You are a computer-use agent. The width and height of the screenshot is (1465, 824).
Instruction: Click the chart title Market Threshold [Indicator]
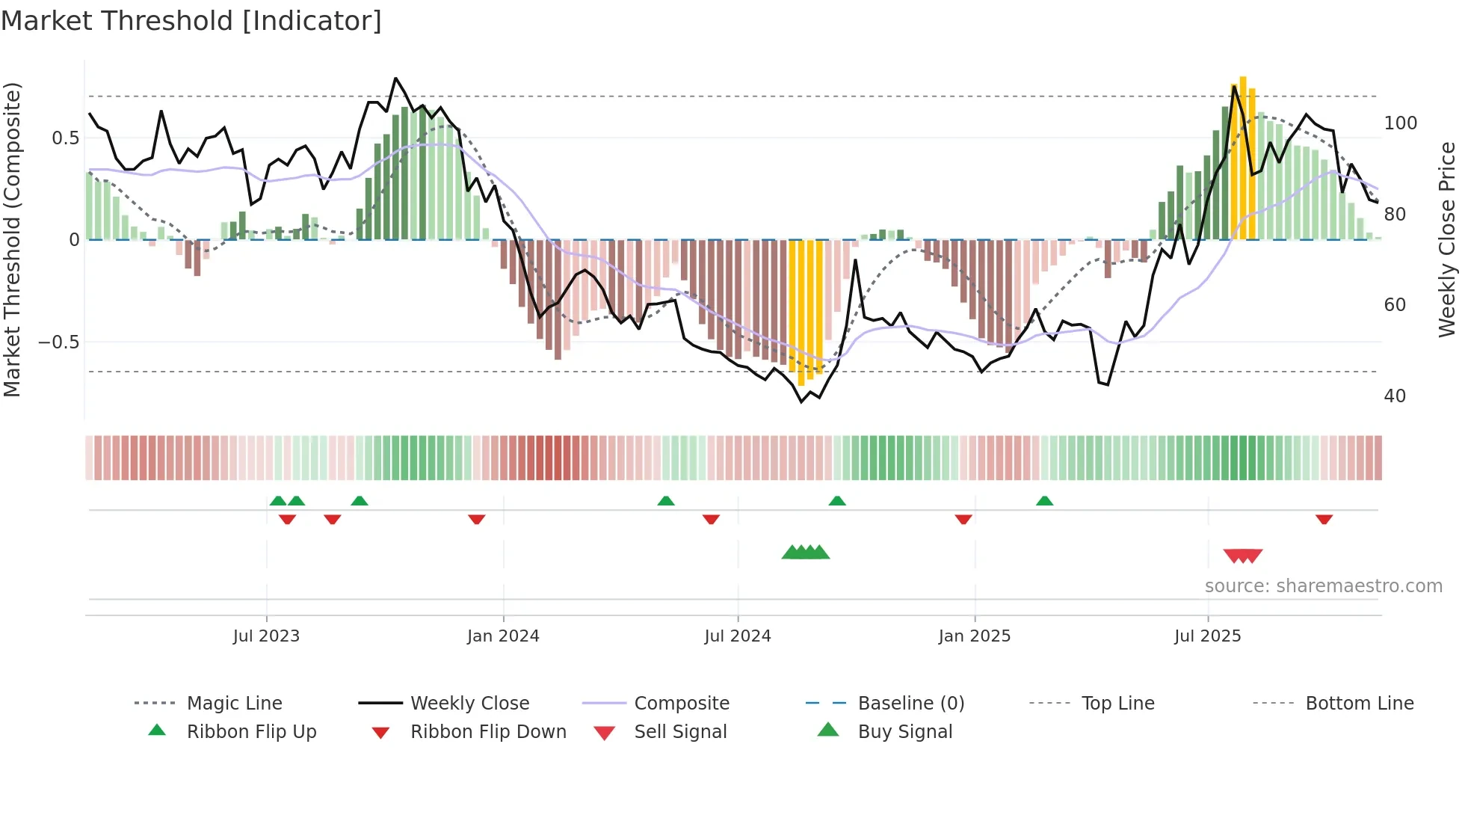(191, 21)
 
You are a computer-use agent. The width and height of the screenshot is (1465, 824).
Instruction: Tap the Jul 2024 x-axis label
(737, 636)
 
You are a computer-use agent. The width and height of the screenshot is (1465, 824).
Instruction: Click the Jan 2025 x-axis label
(974, 636)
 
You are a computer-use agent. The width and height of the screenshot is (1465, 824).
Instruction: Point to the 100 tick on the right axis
(1400, 123)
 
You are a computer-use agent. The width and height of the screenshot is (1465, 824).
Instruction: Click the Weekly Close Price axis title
(1447, 239)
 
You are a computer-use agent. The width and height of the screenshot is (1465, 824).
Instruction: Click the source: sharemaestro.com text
(1323, 585)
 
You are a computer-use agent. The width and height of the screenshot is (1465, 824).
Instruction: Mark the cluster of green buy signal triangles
(806, 553)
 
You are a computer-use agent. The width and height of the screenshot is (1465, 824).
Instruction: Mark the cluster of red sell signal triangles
(1243, 556)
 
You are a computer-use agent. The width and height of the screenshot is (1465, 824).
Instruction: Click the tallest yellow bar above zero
(1243, 157)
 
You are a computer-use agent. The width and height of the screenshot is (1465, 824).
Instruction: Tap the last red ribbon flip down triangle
(1324, 519)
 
